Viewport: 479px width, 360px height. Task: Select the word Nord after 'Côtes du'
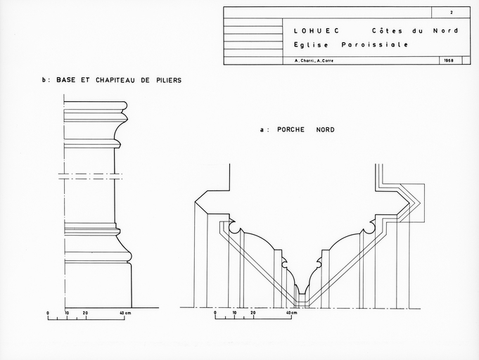tap(446, 31)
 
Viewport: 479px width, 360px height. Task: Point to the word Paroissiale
tap(374, 45)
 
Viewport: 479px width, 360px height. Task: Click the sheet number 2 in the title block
tap(452, 13)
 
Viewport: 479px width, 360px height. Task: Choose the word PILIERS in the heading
tap(166, 81)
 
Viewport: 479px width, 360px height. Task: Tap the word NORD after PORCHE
tap(325, 130)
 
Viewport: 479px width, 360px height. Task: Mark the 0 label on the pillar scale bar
tap(48, 312)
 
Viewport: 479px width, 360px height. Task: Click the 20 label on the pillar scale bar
tap(85, 312)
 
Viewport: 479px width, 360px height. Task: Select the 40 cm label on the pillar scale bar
tap(126, 312)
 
